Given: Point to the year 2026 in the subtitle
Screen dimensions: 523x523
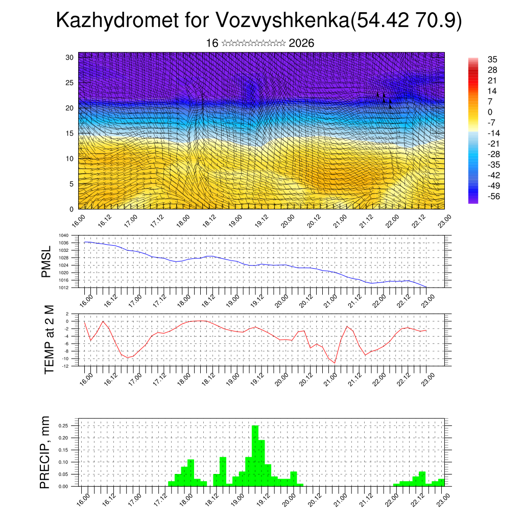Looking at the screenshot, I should pyautogui.click(x=301, y=43).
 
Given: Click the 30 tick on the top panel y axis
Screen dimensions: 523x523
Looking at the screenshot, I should pyautogui.click(x=70, y=57).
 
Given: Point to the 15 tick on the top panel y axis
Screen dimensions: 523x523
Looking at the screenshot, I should pyautogui.click(x=70, y=133).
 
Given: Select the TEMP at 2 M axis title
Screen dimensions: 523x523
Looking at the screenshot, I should pyautogui.click(x=49, y=340).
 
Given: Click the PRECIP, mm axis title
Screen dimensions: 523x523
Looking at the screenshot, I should pyautogui.click(x=46, y=452).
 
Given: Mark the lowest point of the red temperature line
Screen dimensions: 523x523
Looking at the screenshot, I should pyautogui.click(x=335, y=363).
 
